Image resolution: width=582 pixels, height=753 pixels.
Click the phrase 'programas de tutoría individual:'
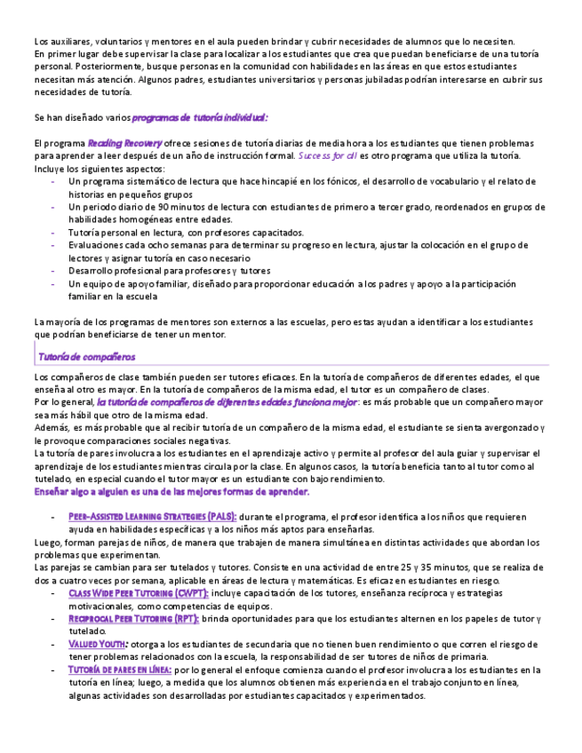tap(200, 117)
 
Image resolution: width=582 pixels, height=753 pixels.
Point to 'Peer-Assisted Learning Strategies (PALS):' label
tap(152, 516)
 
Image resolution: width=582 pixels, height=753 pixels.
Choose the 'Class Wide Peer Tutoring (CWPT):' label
tap(139, 593)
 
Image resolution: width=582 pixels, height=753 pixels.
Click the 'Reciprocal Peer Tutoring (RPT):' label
tap(133, 619)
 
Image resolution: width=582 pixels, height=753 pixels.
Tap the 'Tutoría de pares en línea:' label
tap(120, 670)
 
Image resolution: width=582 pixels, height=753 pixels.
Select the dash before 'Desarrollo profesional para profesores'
tap(54, 271)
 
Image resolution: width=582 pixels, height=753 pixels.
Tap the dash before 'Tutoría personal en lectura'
tap(54, 233)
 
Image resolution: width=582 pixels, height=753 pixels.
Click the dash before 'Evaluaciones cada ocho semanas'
tap(54, 245)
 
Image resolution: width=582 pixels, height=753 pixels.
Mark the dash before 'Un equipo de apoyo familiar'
tap(54, 284)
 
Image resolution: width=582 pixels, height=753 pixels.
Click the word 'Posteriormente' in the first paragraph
tap(108, 66)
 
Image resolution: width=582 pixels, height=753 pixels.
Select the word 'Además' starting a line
tap(52, 427)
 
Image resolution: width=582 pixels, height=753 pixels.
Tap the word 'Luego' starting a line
tap(48, 542)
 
